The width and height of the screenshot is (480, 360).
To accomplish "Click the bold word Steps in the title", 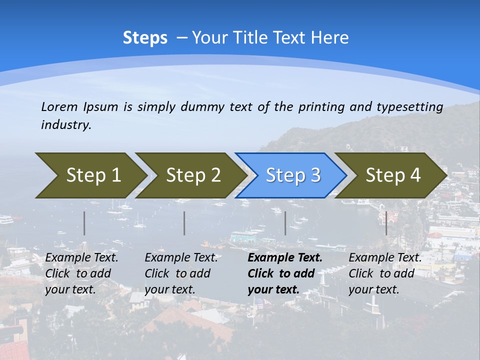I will [145, 38].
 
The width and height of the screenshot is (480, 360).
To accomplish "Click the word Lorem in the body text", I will [59, 107].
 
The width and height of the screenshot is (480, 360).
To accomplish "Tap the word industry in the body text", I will [65, 125].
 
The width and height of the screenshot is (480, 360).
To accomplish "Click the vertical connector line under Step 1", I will [84, 223].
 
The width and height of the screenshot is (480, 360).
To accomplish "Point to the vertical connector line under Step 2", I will [184, 223].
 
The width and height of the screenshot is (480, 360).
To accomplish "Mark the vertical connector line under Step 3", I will [285, 223].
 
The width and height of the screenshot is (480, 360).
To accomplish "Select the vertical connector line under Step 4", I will [386, 223].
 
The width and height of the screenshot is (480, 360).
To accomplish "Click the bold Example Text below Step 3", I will [285, 258].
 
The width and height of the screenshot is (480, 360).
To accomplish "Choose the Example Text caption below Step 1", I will [81, 258].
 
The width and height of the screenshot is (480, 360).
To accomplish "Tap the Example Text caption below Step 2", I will [181, 258].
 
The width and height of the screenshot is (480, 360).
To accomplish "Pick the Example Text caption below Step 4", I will [385, 258].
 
